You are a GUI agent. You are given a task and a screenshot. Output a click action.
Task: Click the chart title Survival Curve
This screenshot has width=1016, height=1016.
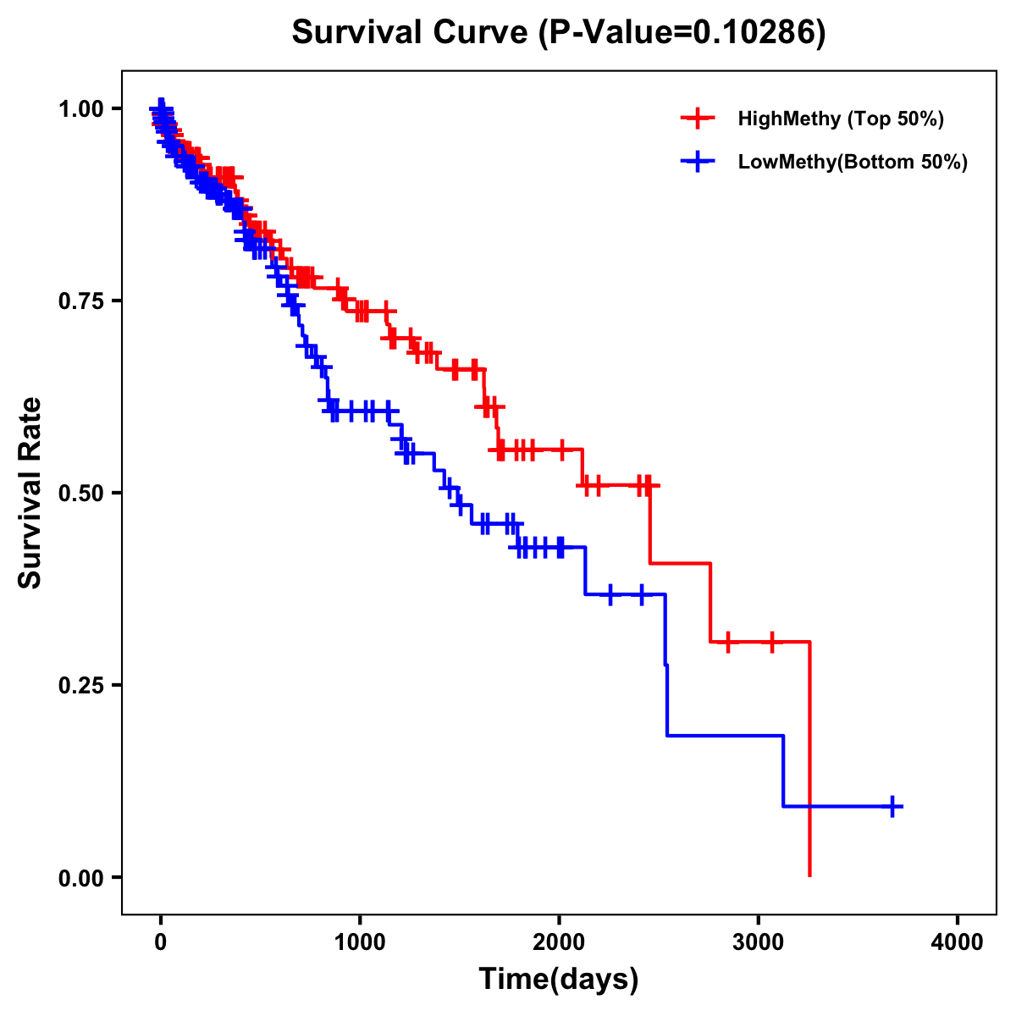[x=411, y=33]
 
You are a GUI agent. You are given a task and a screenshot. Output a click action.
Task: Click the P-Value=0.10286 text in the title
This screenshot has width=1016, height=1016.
[x=684, y=33]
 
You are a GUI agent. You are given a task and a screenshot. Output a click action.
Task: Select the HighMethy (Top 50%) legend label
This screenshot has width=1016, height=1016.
[x=840, y=119]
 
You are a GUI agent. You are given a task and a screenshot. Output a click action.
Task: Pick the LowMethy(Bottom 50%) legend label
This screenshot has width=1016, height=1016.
[x=852, y=162]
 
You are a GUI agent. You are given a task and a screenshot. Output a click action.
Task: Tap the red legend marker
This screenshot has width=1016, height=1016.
[x=698, y=119]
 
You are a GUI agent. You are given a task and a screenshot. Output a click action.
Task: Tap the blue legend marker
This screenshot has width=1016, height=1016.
[x=698, y=162]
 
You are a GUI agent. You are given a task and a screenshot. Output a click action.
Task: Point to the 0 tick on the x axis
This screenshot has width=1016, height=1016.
[x=160, y=941]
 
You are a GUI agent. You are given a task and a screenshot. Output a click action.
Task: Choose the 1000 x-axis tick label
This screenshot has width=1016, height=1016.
[x=360, y=941]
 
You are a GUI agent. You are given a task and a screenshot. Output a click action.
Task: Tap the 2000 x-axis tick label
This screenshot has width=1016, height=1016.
[x=559, y=941]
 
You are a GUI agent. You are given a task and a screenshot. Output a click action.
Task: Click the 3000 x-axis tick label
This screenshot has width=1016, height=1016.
[x=759, y=941]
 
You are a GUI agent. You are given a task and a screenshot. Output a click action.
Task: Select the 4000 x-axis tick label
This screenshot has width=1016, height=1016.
[x=958, y=941]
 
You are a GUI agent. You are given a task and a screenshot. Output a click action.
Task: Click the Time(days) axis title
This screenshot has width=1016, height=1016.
[x=559, y=980]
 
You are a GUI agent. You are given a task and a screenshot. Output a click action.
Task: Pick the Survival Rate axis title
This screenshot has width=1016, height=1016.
[x=31, y=493]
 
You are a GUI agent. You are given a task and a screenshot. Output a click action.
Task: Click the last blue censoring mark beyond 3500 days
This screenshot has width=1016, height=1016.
[x=892, y=806]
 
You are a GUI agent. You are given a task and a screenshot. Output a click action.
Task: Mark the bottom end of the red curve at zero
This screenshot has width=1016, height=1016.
[x=810, y=875]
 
